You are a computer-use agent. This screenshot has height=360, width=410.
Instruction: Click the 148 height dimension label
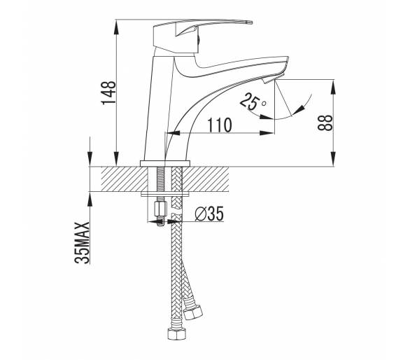(x=108, y=92)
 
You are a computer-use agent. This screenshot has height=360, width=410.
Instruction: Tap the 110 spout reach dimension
(x=220, y=125)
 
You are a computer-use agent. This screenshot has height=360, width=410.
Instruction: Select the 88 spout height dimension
(x=325, y=123)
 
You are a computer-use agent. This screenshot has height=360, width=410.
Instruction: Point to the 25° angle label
(x=253, y=102)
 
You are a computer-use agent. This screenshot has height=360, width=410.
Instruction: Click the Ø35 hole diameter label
(x=209, y=214)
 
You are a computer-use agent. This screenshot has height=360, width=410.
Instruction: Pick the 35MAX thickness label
(x=82, y=242)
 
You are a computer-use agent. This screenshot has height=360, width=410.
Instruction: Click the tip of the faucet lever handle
(x=251, y=22)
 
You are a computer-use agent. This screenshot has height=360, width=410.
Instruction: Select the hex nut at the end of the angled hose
(x=193, y=312)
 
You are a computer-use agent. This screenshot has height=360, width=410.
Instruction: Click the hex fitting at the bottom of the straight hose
(x=176, y=333)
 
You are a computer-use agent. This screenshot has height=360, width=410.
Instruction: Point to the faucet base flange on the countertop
(x=165, y=163)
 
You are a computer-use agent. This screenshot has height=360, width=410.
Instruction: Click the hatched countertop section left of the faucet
(x=125, y=179)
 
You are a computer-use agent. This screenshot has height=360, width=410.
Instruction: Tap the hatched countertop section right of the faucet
(x=206, y=179)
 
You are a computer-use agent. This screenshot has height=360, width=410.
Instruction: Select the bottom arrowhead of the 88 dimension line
(x=333, y=159)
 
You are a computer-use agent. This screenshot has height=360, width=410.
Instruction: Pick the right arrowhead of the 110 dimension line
(x=267, y=133)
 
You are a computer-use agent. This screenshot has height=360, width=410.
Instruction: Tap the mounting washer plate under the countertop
(x=165, y=195)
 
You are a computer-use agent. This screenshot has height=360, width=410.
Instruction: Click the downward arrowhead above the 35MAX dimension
(x=90, y=159)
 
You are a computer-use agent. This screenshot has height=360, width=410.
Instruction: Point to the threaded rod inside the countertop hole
(x=159, y=179)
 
